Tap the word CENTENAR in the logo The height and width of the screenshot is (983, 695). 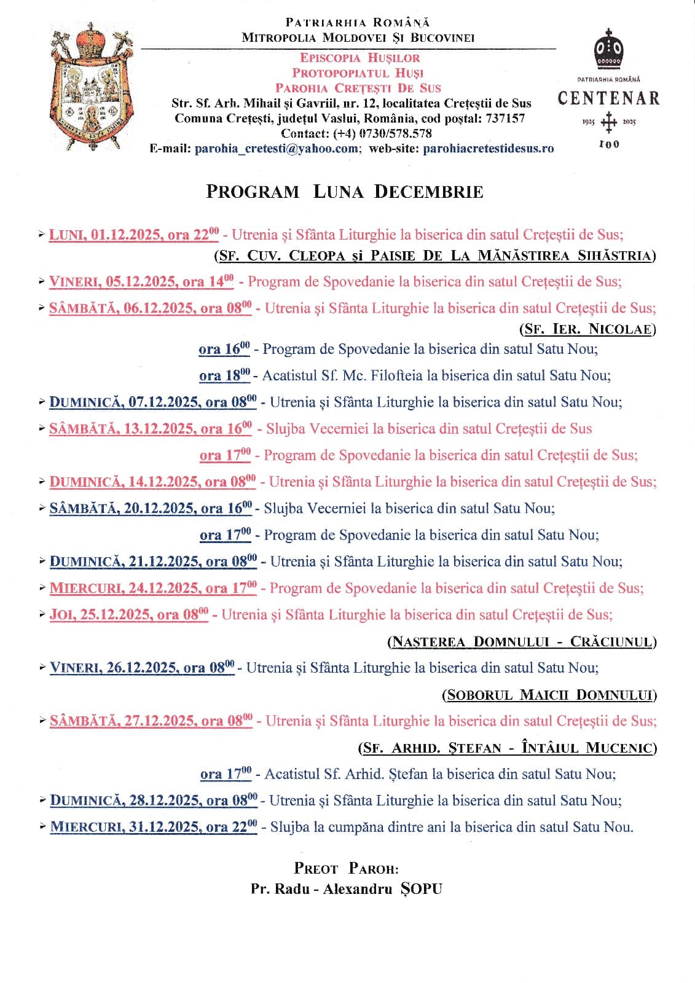(608, 98)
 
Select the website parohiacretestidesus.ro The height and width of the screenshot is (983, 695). (489, 149)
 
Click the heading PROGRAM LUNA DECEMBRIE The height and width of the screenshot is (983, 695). (345, 192)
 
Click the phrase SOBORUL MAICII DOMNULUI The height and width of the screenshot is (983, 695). (549, 695)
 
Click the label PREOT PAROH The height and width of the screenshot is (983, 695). (346, 869)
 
